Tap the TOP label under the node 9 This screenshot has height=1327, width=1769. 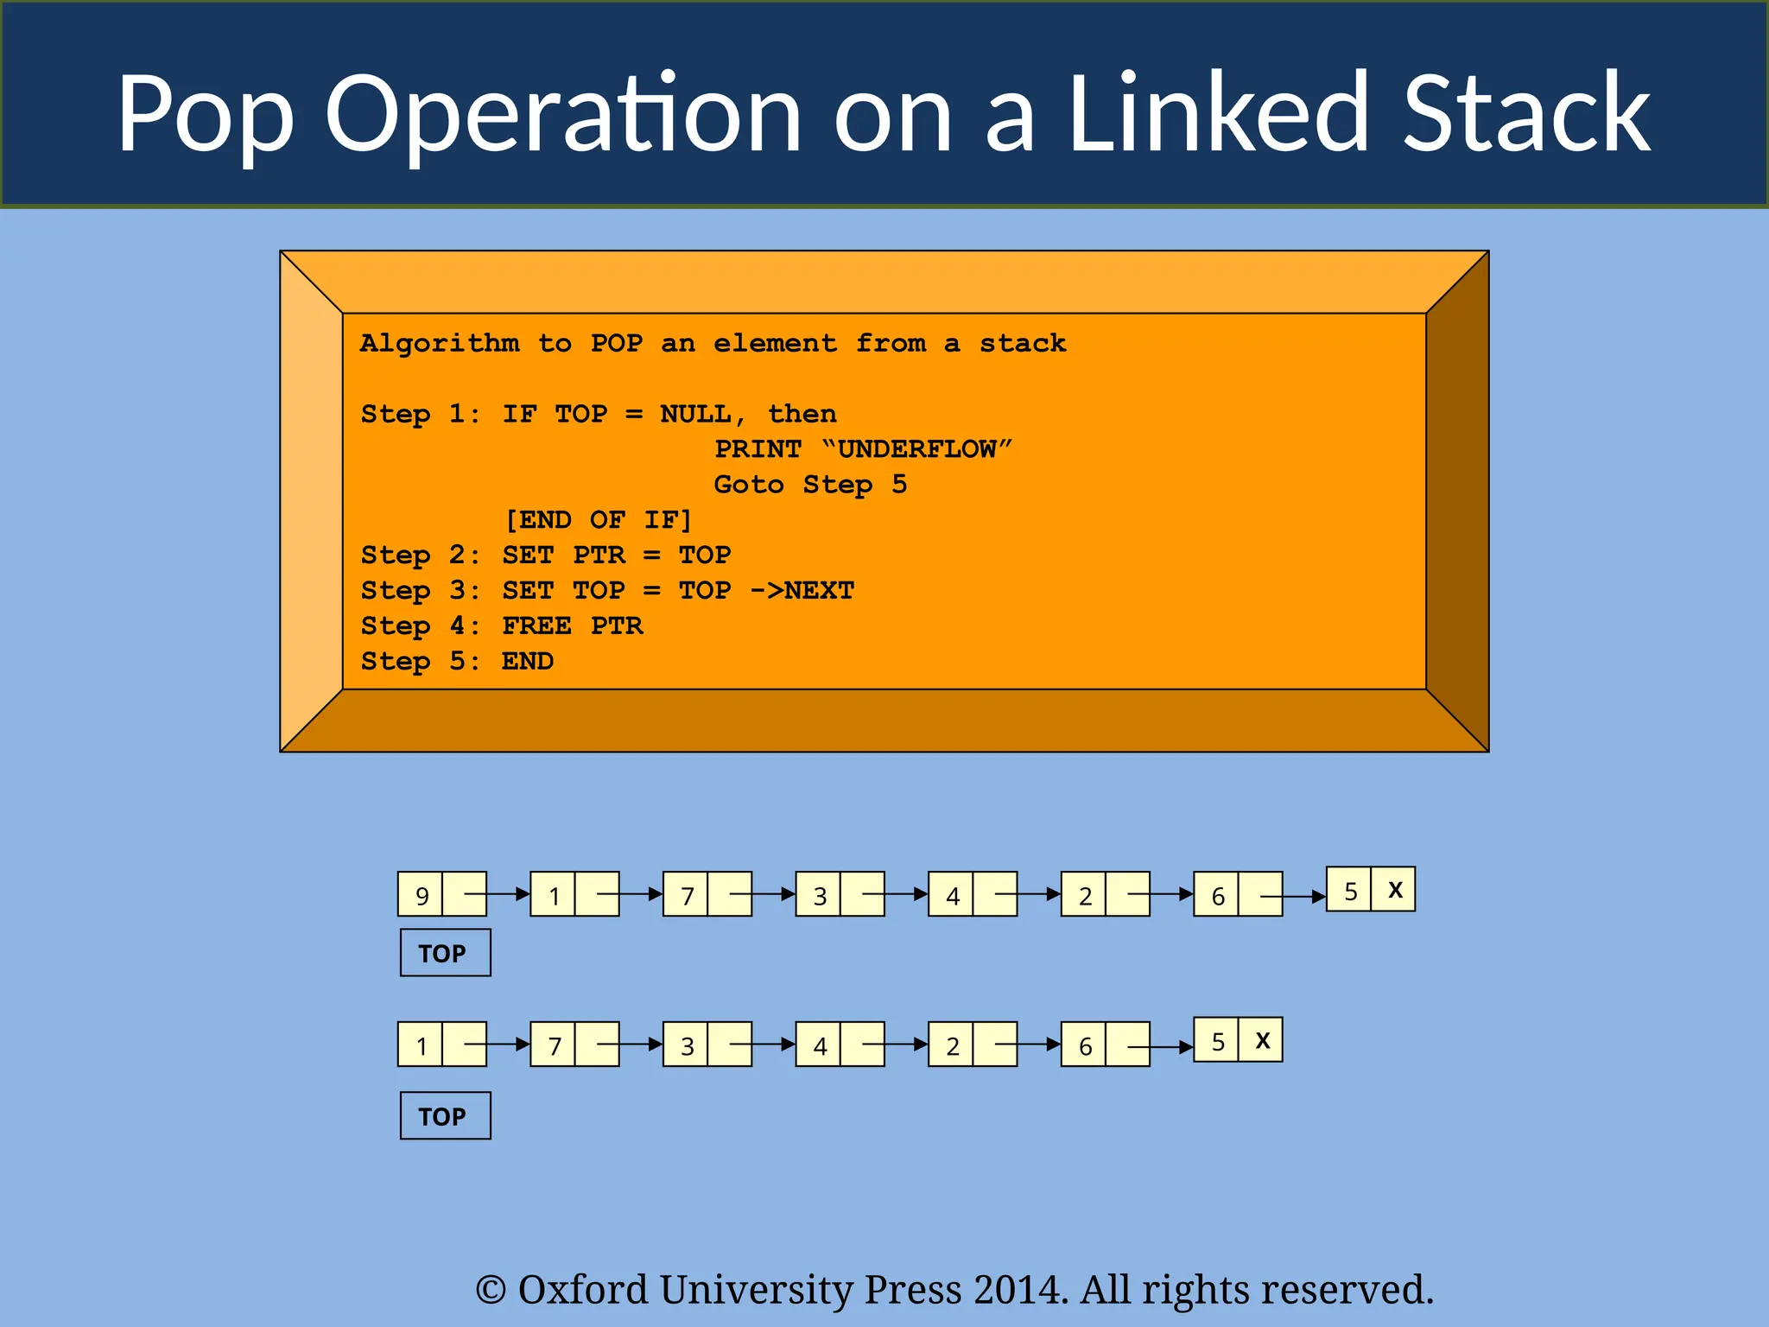tap(445, 953)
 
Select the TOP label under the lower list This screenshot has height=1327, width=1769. tap(445, 1116)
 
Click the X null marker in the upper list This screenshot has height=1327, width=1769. tap(1394, 890)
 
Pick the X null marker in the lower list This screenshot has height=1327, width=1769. tap(1262, 1040)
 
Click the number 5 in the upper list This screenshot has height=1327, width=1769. tap(1350, 891)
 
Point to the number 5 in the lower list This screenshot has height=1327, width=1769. tap(1217, 1041)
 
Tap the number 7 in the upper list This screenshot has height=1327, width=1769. tap(687, 896)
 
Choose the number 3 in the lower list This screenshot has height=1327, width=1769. tap(687, 1046)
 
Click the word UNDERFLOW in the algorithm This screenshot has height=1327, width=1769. tap(916, 449)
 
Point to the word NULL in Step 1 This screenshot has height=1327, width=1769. tap(696, 414)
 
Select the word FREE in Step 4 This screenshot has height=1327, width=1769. tap(536, 625)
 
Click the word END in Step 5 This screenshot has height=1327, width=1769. tap(527, 661)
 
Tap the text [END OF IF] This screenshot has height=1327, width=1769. tap(599, 520)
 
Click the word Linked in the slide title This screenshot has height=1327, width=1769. tap(1218, 112)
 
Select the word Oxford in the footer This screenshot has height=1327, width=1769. tap(582, 1290)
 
